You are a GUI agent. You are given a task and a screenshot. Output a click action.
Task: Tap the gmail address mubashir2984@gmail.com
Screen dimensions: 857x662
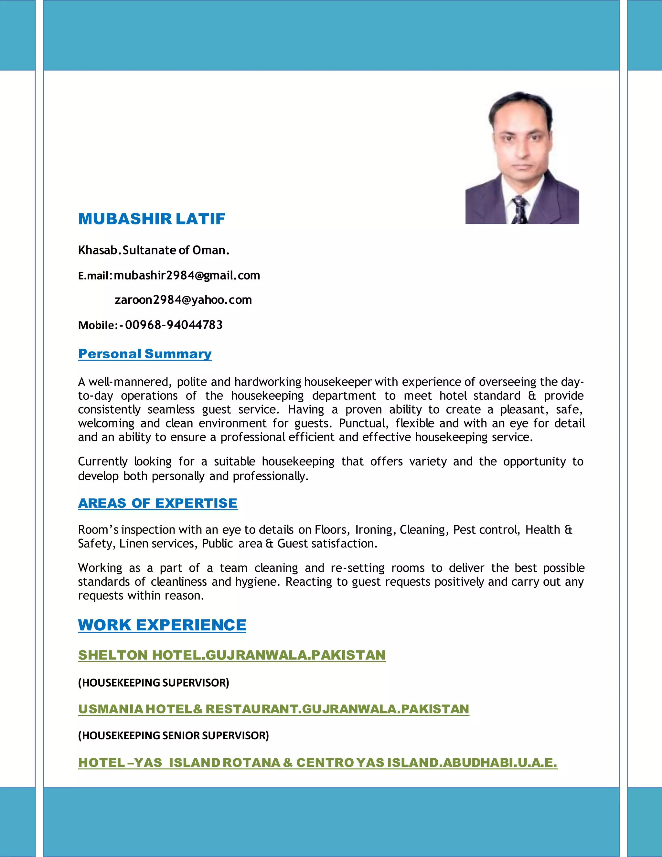pos(187,276)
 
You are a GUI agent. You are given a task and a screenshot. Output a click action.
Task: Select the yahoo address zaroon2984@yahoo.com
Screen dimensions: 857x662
pos(183,300)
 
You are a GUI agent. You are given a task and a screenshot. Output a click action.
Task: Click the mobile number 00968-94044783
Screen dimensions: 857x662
pos(174,325)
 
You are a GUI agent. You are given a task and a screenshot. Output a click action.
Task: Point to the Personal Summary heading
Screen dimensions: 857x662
pos(145,354)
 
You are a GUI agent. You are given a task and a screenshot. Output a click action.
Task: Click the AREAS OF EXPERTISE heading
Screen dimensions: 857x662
pos(158,503)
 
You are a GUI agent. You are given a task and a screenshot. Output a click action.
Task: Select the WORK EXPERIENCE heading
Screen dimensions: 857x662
pos(162,625)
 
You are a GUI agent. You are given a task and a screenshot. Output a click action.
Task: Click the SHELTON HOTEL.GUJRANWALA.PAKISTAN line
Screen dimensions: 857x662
pos(231,655)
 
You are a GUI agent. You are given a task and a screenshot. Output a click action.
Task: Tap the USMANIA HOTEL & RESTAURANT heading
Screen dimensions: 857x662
pos(273,709)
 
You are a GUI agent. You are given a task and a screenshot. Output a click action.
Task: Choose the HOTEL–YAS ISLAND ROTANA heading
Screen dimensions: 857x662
pos(318,763)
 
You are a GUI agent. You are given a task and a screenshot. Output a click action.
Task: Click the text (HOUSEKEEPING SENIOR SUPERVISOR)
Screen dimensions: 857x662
pos(173,735)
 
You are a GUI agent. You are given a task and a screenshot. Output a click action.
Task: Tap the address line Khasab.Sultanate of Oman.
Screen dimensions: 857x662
pos(153,250)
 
